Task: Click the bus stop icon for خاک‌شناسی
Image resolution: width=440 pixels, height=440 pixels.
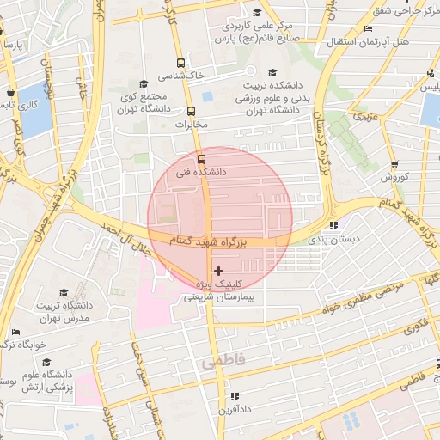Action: pyautogui.click(x=180, y=63)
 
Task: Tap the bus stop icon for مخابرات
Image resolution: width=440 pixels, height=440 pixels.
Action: pyautogui.click(x=191, y=111)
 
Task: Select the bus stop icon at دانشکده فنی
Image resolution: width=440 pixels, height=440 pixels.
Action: pyautogui.click(x=202, y=159)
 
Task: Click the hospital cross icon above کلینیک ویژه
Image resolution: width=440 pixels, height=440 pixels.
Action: pyautogui.click(x=218, y=271)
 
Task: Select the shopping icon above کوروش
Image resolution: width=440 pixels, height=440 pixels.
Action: pyautogui.click(x=394, y=164)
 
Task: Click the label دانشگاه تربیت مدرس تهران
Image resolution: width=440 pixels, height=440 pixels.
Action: pyautogui.click(x=64, y=311)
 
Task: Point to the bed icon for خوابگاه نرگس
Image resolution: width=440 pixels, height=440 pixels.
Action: pyautogui.click(x=15, y=333)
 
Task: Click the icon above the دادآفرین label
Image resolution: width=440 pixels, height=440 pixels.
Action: pyautogui.click(x=234, y=396)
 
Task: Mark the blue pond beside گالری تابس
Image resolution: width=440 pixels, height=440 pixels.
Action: pyautogui.click(x=34, y=113)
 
